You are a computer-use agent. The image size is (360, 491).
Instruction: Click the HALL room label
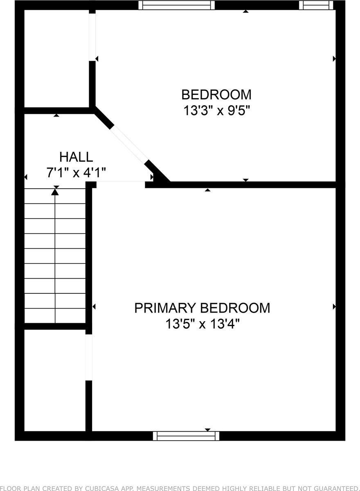[x=76, y=157]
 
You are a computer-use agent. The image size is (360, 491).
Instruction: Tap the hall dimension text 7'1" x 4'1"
[x=76, y=173]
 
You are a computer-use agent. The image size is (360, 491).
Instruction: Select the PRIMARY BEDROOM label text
[x=202, y=308]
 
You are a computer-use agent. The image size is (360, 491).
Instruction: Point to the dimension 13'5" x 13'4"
[x=202, y=324]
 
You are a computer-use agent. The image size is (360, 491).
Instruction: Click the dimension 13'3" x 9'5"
[x=216, y=111]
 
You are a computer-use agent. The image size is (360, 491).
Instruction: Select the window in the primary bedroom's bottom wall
[x=186, y=436]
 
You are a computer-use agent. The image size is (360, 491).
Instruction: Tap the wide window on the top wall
[x=176, y=5]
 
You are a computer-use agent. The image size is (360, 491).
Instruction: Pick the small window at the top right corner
[x=313, y=5]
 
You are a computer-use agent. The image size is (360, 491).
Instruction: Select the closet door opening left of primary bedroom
[x=88, y=357]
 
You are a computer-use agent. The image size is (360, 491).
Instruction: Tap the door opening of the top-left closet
[x=92, y=37]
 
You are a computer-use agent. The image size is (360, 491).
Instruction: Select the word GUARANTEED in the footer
[x=335, y=488]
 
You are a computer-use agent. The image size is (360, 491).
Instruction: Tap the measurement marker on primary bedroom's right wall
[x=334, y=306]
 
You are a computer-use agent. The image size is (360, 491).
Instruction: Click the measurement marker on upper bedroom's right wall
[x=334, y=59]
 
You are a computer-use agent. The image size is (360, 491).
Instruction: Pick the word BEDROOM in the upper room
[x=216, y=95]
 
